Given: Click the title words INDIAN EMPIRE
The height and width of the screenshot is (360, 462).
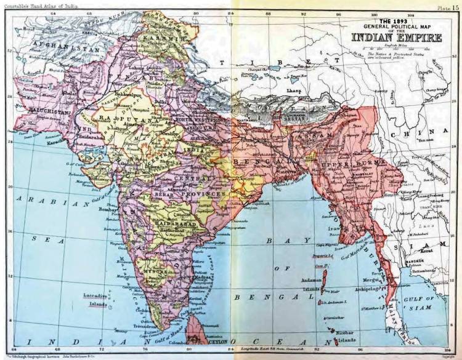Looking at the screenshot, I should pyautogui.click(x=397, y=37).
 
